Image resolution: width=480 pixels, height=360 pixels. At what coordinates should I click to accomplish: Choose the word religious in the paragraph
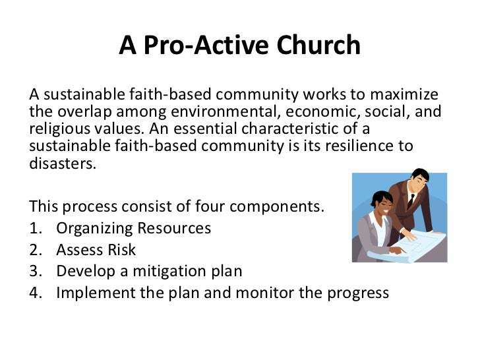click(60, 128)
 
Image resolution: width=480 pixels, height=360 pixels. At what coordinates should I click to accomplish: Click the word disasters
click(63, 162)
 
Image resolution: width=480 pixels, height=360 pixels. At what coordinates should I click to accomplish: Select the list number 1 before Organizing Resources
click(35, 228)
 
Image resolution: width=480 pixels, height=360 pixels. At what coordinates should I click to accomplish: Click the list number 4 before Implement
click(36, 291)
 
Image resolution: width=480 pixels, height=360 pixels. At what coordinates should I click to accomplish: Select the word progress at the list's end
click(359, 291)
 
